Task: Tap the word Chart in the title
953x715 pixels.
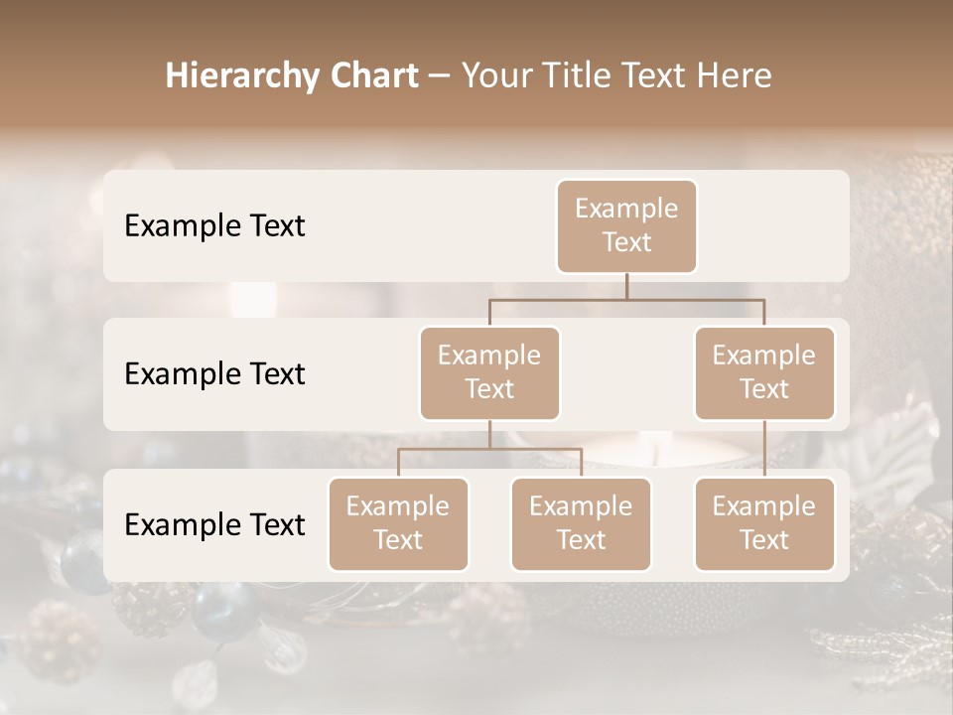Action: [369, 76]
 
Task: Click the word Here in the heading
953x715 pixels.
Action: [735, 76]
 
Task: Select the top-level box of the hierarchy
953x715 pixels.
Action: [626, 225]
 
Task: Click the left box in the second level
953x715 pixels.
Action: [489, 372]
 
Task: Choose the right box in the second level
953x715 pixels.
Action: [764, 372]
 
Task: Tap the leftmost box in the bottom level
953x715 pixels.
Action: [398, 523]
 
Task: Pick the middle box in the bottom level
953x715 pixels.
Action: [581, 523]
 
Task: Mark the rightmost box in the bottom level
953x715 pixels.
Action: [764, 523]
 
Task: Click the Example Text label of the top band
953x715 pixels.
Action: [214, 226]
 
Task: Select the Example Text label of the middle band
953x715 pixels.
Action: [214, 374]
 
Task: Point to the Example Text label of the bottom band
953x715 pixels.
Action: [214, 525]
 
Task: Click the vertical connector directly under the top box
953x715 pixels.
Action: [626, 286]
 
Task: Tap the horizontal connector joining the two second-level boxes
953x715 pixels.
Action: [626, 299]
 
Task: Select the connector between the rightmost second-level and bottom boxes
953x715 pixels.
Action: [764, 449]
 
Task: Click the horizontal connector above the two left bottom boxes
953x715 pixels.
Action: [489, 449]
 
